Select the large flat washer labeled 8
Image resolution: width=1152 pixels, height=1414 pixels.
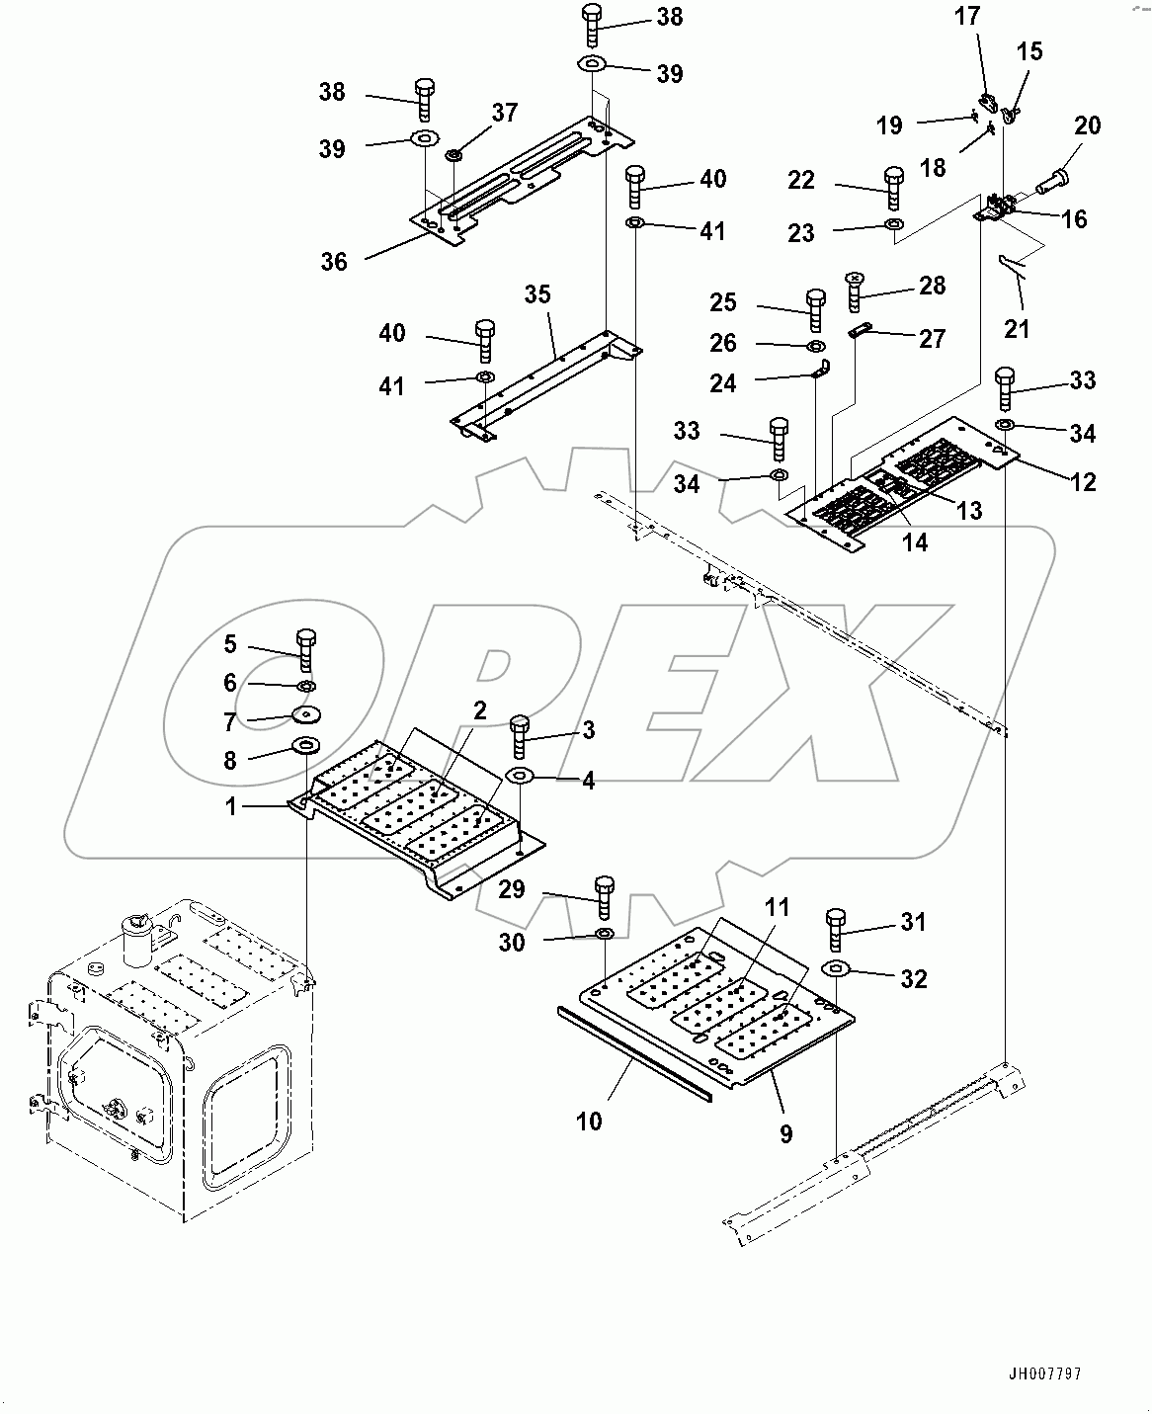point(305,745)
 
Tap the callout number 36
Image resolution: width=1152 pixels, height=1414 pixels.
point(334,262)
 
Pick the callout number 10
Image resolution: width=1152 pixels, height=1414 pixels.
point(589,1121)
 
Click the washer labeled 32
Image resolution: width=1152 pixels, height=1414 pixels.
point(836,968)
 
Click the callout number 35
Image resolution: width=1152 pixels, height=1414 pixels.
point(537,294)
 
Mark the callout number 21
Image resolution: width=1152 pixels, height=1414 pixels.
point(1017,327)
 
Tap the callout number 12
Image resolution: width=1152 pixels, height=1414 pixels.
point(1083,481)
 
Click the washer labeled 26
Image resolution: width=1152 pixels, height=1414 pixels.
point(816,346)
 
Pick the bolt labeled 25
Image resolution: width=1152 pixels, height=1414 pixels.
point(816,309)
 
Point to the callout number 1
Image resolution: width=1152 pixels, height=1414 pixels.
point(230,806)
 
